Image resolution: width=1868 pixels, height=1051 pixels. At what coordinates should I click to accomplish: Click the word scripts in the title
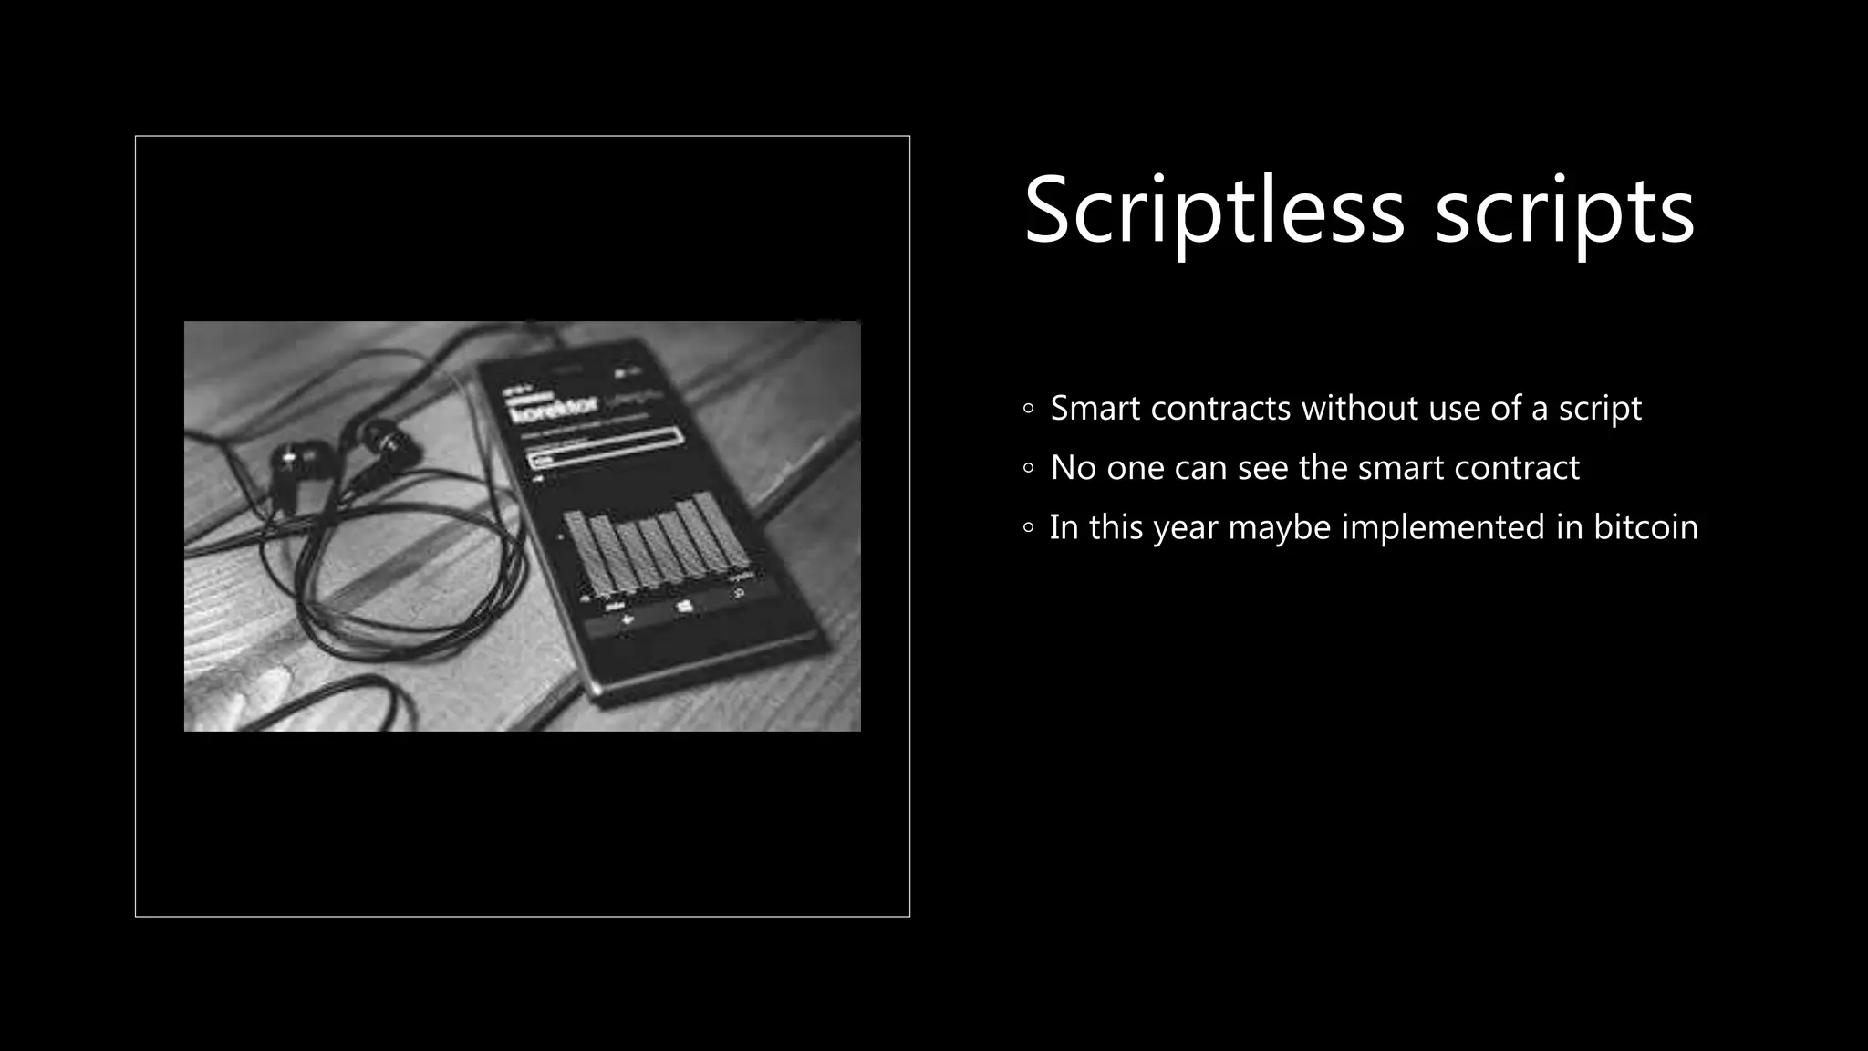click(1564, 212)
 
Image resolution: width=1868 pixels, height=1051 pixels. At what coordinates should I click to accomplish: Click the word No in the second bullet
click(1073, 468)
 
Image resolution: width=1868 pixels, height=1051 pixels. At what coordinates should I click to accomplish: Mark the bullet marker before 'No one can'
click(1029, 469)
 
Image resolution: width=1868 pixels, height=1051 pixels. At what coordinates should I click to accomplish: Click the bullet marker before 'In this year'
click(1029, 528)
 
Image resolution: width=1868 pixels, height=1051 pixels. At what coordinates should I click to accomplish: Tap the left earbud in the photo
click(296, 456)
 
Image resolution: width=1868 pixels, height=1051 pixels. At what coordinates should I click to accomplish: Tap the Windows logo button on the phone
click(685, 606)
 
